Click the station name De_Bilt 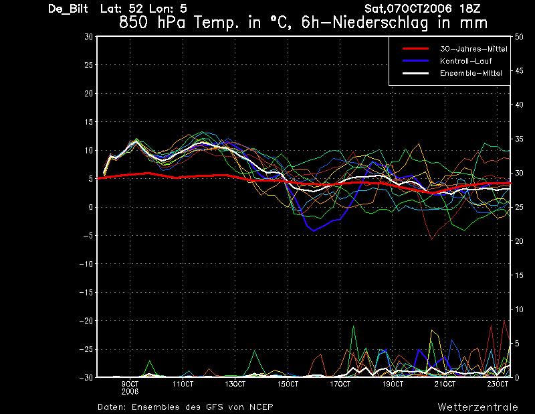(68, 9)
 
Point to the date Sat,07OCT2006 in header (409, 9)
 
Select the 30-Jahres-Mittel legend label (473, 49)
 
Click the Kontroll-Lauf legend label (465, 61)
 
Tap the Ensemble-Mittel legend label (471, 73)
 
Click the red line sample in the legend (415, 49)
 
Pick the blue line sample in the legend (415, 61)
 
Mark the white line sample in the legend (415, 73)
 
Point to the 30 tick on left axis (88, 37)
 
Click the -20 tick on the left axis (86, 321)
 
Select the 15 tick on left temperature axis (88, 122)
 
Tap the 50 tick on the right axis (519, 37)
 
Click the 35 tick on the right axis (519, 139)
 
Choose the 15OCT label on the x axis (288, 385)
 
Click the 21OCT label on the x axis (445, 385)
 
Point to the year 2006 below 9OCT (130, 392)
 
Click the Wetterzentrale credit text (478, 407)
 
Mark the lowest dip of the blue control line (314, 230)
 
